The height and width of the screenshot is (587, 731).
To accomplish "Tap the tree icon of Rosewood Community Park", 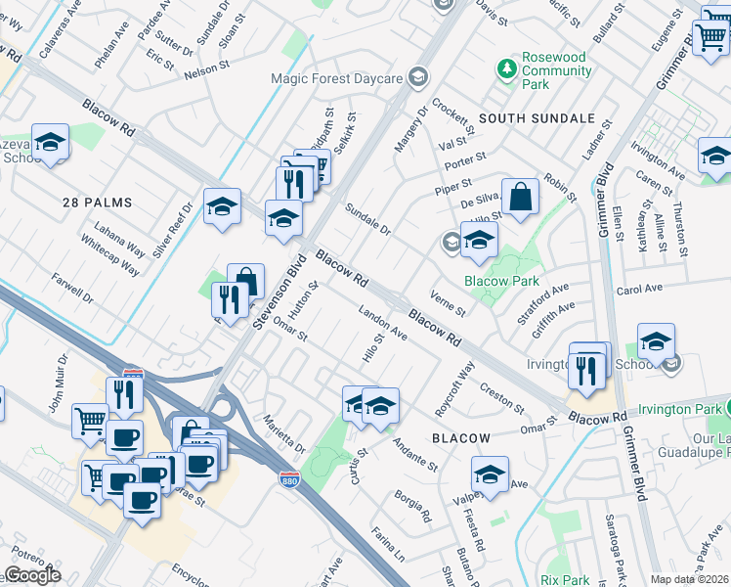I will (507, 68).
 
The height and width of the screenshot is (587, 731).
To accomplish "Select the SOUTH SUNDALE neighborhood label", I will (537, 118).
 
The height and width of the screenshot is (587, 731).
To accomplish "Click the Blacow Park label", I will (501, 281).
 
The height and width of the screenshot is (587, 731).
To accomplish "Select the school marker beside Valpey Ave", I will (489, 474).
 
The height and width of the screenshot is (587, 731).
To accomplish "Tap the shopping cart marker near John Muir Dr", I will (90, 421).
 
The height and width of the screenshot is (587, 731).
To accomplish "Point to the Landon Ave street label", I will (383, 323).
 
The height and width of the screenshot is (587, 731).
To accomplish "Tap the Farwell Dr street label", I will (74, 288).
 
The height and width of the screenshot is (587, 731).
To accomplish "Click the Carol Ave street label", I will (640, 292).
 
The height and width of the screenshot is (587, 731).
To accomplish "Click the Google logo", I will (32, 575).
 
